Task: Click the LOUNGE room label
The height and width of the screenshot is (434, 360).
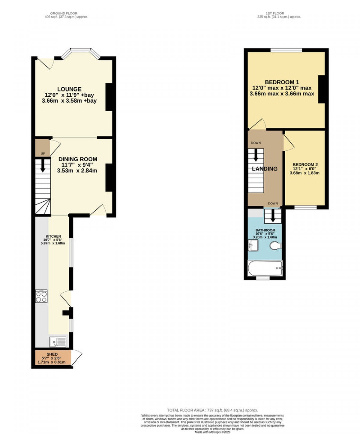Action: pos(69,89)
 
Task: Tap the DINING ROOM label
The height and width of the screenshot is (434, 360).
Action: pos(78,159)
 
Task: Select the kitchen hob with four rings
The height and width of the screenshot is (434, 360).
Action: pos(41,296)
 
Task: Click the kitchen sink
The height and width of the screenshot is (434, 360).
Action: pos(57,342)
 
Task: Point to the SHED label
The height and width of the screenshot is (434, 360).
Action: pos(52,354)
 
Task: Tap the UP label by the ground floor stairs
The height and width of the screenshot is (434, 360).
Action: pos(43,154)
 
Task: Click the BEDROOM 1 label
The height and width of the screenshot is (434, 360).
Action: pos(282,82)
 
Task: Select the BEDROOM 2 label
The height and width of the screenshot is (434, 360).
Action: pos(305,164)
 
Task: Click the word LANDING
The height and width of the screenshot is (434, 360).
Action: pos(265,169)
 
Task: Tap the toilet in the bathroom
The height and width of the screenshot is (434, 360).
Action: pos(276,246)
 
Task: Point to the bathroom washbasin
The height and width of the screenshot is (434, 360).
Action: pos(253,246)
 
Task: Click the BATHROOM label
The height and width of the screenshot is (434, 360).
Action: pos(265,230)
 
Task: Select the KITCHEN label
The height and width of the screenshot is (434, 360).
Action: pos(53,236)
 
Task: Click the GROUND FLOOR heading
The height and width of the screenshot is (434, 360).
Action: pos(64,13)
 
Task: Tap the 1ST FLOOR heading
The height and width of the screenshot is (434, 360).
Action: pos(275,13)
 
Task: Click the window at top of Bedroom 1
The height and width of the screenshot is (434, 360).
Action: pos(286,50)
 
